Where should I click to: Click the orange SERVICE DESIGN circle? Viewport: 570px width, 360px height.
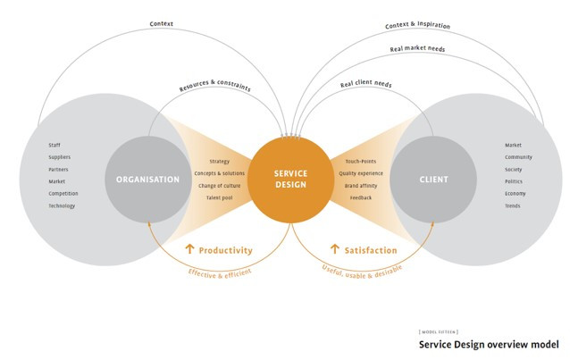[286, 179]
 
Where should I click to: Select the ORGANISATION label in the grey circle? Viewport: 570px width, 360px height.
[147, 180]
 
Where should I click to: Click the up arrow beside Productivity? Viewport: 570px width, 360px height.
[189, 250]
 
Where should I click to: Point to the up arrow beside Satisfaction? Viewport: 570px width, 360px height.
[335, 250]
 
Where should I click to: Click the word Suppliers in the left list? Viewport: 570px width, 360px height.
[60, 156]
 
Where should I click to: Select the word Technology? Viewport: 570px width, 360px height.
[62, 205]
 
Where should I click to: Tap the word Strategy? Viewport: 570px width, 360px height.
[219, 161]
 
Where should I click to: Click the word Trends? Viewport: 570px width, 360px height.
[514, 205]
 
